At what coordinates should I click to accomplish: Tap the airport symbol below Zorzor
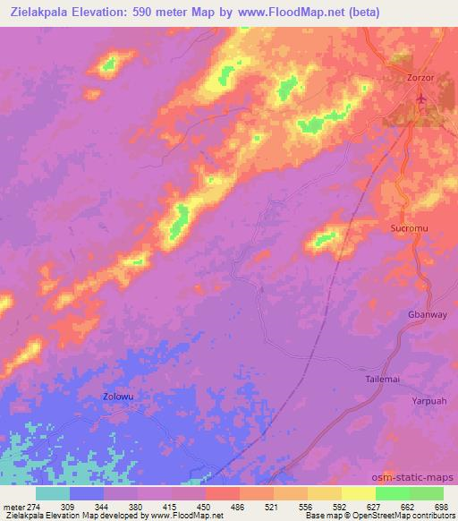[x=422, y=98]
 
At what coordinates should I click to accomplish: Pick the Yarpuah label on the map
[x=428, y=401]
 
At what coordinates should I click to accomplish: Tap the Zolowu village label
[x=118, y=395]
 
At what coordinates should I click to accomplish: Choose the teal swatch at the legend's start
[x=53, y=493]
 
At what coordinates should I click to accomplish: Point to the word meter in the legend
[x=12, y=506]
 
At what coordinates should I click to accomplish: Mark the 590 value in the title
[x=156, y=12]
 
